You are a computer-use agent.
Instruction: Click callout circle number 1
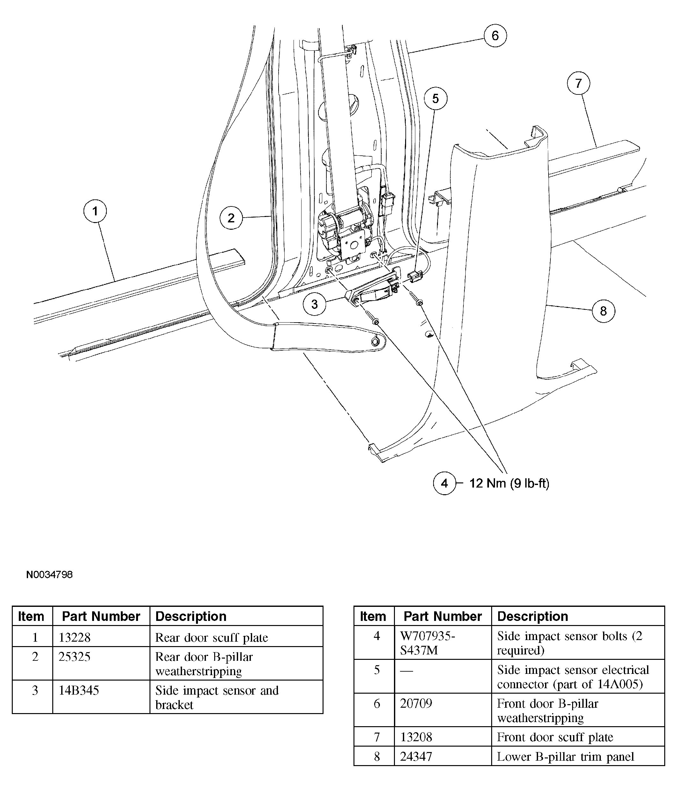point(95,211)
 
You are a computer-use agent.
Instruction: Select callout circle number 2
point(231,218)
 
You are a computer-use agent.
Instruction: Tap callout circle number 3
point(314,304)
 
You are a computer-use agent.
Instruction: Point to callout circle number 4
point(444,483)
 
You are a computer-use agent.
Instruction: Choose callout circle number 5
point(435,99)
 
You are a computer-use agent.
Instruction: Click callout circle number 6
point(495,35)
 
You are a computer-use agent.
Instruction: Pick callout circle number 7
point(578,83)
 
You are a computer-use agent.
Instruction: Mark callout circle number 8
point(603,311)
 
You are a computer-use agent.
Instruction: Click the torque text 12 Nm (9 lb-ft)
point(509,483)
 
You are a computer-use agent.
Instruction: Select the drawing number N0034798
point(49,574)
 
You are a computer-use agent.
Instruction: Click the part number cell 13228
point(74,637)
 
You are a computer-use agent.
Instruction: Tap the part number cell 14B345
point(78,690)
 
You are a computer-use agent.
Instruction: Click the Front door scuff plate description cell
point(555,737)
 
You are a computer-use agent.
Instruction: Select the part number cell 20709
point(416,703)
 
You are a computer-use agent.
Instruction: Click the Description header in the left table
point(191,616)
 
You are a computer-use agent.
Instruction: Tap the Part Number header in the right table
point(442,616)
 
